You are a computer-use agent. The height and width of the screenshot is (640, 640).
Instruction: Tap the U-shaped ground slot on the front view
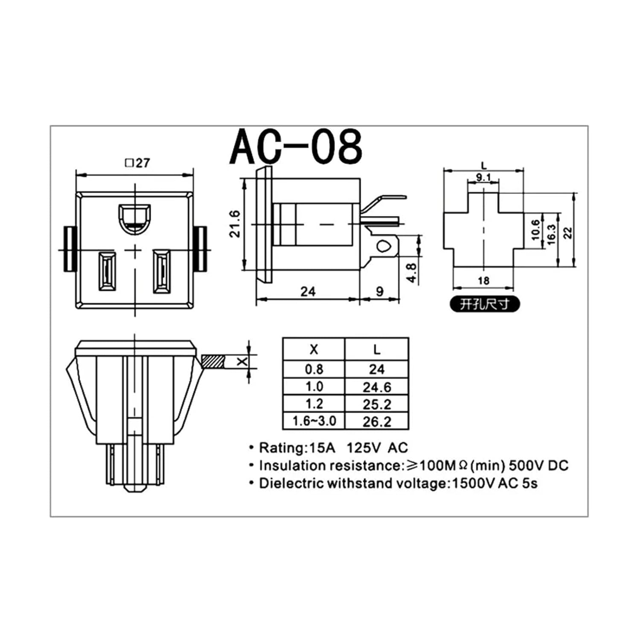[x=134, y=218]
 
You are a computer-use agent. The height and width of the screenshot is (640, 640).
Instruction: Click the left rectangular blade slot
[x=107, y=271]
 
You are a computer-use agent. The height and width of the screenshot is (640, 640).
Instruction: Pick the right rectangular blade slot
[x=162, y=271]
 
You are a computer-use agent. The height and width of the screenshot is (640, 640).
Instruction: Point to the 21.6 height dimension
[x=235, y=224]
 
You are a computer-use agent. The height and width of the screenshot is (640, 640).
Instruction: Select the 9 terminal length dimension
[x=379, y=291]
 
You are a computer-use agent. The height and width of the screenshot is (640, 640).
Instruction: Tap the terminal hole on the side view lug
[x=384, y=246]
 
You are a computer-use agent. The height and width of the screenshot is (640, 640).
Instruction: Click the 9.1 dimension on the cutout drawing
[x=483, y=177]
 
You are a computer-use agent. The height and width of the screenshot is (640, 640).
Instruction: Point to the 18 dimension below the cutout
[x=483, y=281]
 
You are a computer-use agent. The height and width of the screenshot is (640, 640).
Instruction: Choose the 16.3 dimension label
[x=551, y=234]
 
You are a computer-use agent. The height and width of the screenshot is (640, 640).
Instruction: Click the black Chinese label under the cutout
[x=485, y=304]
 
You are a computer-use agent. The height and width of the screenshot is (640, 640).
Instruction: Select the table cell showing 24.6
[x=377, y=387]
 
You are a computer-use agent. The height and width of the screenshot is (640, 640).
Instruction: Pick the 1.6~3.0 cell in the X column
[x=314, y=421]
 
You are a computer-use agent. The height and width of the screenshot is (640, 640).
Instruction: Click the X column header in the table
[x=314, y=350]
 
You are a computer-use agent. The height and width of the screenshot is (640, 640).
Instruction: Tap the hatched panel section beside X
[x=213, y=362]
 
